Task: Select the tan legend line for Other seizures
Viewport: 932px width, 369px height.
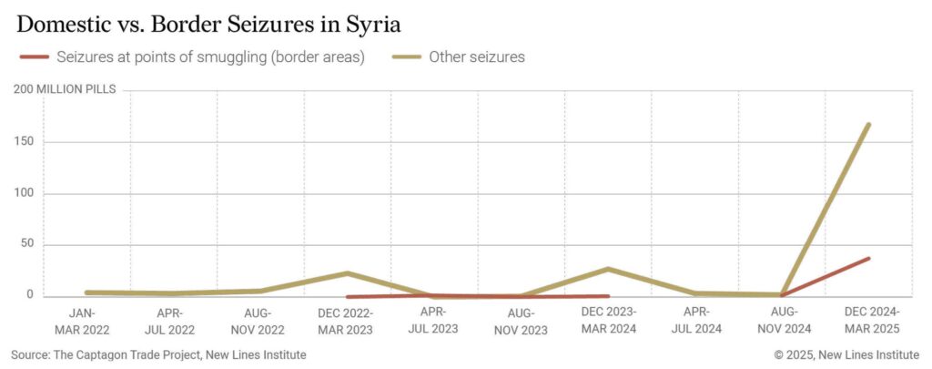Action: coord(404,57)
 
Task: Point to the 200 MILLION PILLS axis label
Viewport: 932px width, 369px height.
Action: coord(65,89)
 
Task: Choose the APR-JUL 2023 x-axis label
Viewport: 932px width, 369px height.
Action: coord(433,322)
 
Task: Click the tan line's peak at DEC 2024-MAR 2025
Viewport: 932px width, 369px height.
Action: coord(868,124)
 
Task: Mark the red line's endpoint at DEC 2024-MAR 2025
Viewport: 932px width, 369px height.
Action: coord(868,258)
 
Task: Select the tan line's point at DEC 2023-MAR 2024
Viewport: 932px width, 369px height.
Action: coord(607,269)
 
